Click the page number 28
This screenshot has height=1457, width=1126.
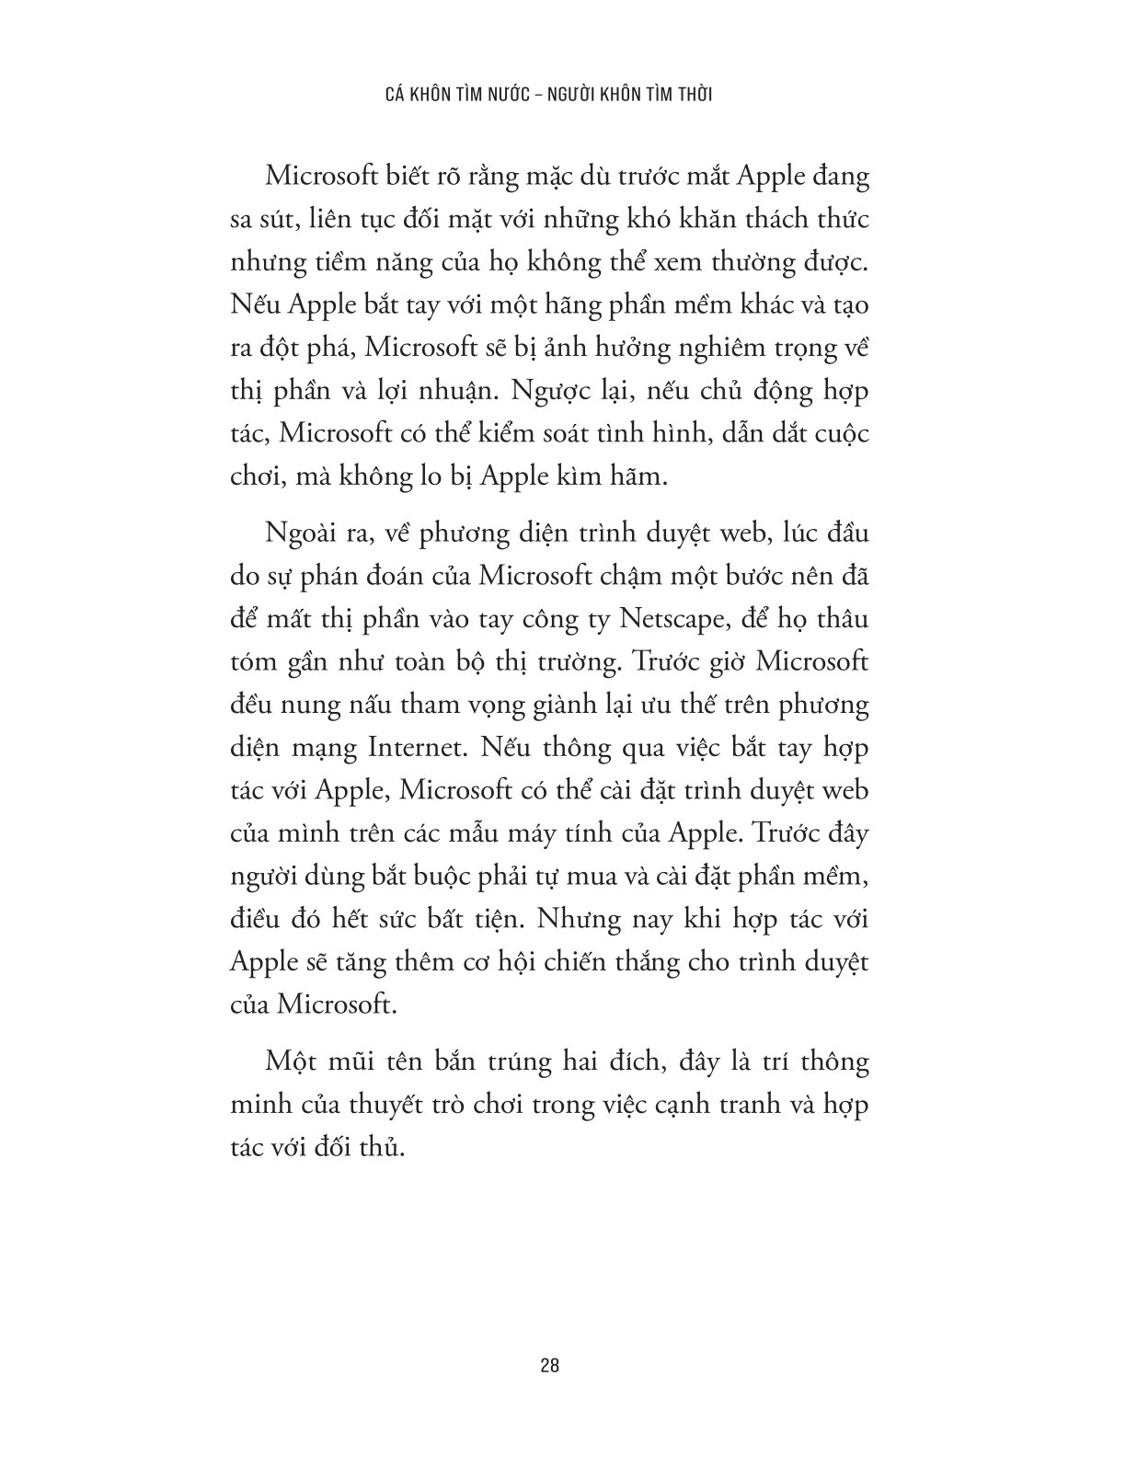tap(550, 1365)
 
